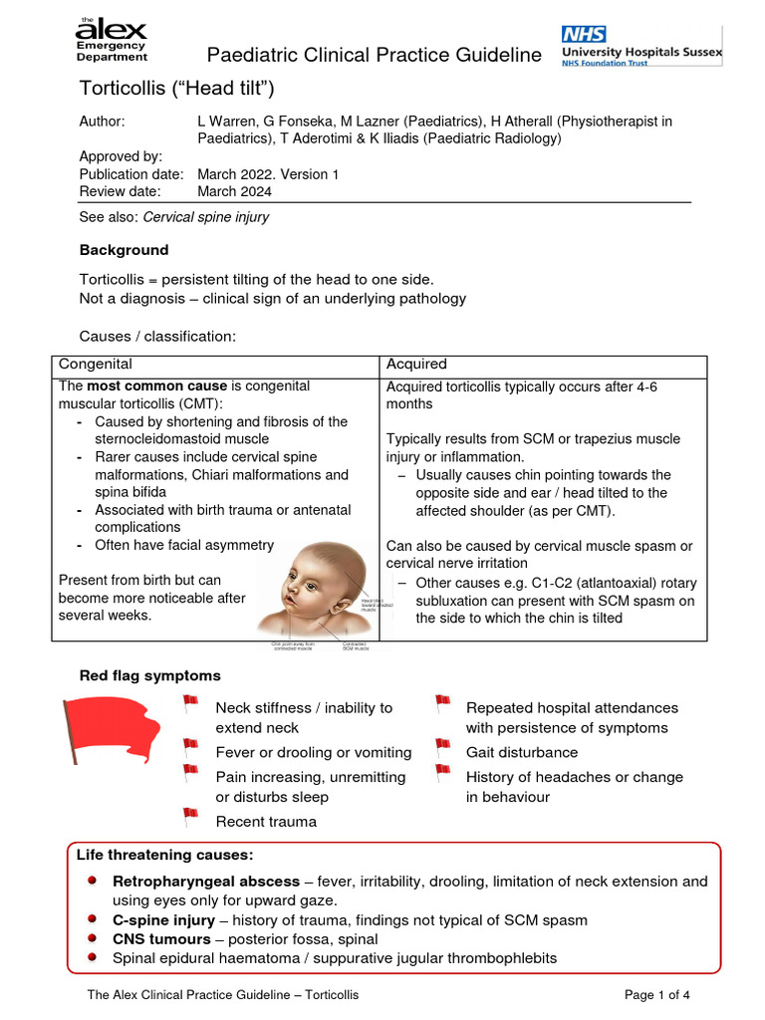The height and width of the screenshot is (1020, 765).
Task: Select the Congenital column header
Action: [x=96, y=365]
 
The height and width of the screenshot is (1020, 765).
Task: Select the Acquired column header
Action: [x=416, y=365]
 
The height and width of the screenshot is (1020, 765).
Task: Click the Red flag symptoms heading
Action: [x=150, y=676]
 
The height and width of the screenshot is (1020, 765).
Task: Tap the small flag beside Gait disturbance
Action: [x=443, y=746]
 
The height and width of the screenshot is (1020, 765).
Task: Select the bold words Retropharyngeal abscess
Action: [x=206, y=882]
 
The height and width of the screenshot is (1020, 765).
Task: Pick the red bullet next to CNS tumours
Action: [x=92, y=938]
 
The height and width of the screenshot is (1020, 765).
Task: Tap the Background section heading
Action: [x=124, y=250]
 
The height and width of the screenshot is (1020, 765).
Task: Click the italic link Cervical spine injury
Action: [x=206, y=216]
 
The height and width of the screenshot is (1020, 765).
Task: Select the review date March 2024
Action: [x=234, y=191]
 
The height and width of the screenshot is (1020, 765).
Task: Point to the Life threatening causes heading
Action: [x=165, y=856]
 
